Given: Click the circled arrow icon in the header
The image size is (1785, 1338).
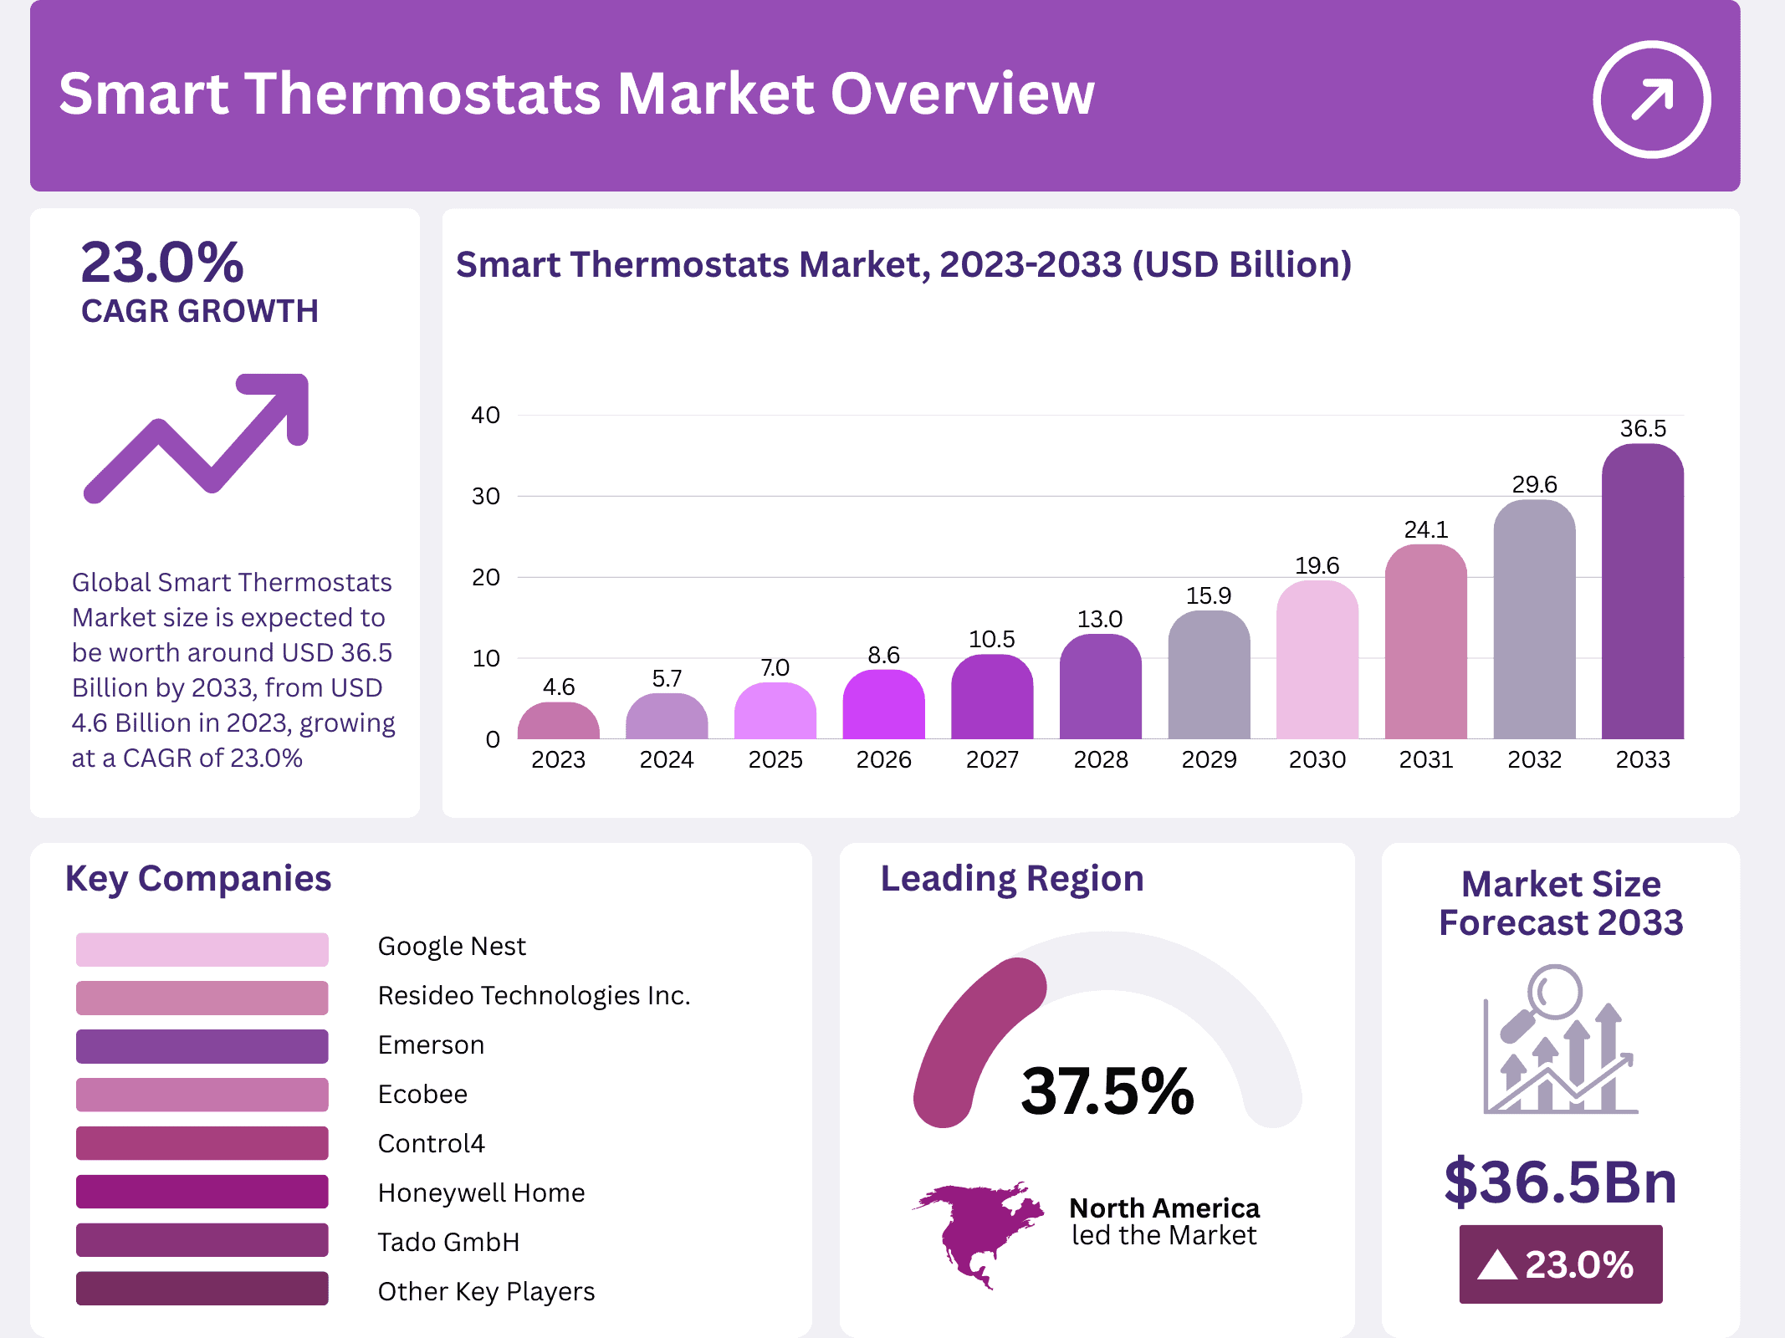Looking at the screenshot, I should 1651,99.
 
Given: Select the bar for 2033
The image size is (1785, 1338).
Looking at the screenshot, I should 1642,594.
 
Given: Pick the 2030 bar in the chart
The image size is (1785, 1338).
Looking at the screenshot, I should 1317,661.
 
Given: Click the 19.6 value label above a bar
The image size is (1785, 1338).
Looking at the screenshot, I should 1317,566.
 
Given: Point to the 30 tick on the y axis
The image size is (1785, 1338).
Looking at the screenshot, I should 485,497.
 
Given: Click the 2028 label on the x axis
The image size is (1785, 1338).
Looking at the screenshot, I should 1100,759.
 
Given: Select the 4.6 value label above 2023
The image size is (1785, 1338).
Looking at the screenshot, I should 558,687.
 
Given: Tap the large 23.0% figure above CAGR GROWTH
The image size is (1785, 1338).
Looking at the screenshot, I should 162,263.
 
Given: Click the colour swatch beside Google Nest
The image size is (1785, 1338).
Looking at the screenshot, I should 202,949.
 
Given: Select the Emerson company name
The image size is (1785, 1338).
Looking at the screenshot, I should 431,1045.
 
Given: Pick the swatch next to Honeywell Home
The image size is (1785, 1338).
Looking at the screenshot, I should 202,1192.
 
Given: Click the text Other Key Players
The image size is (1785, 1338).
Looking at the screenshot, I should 486,1291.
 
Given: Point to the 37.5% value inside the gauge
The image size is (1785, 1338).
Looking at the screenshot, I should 1107,1091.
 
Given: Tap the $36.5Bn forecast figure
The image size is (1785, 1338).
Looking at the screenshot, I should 1560,1182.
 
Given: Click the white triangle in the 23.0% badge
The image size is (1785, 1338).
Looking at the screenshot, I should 1496,1265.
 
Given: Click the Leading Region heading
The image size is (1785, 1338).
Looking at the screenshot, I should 1011,879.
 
